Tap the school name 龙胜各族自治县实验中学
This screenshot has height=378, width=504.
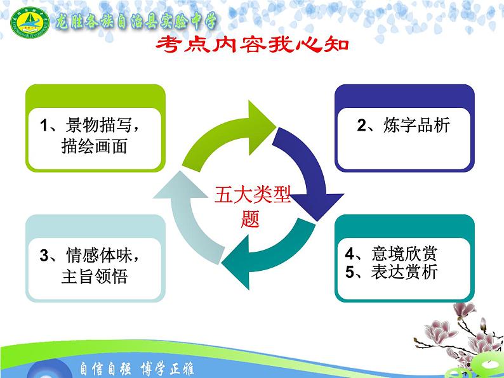coord(136,22)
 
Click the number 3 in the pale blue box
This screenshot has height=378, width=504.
coord(44,256)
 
